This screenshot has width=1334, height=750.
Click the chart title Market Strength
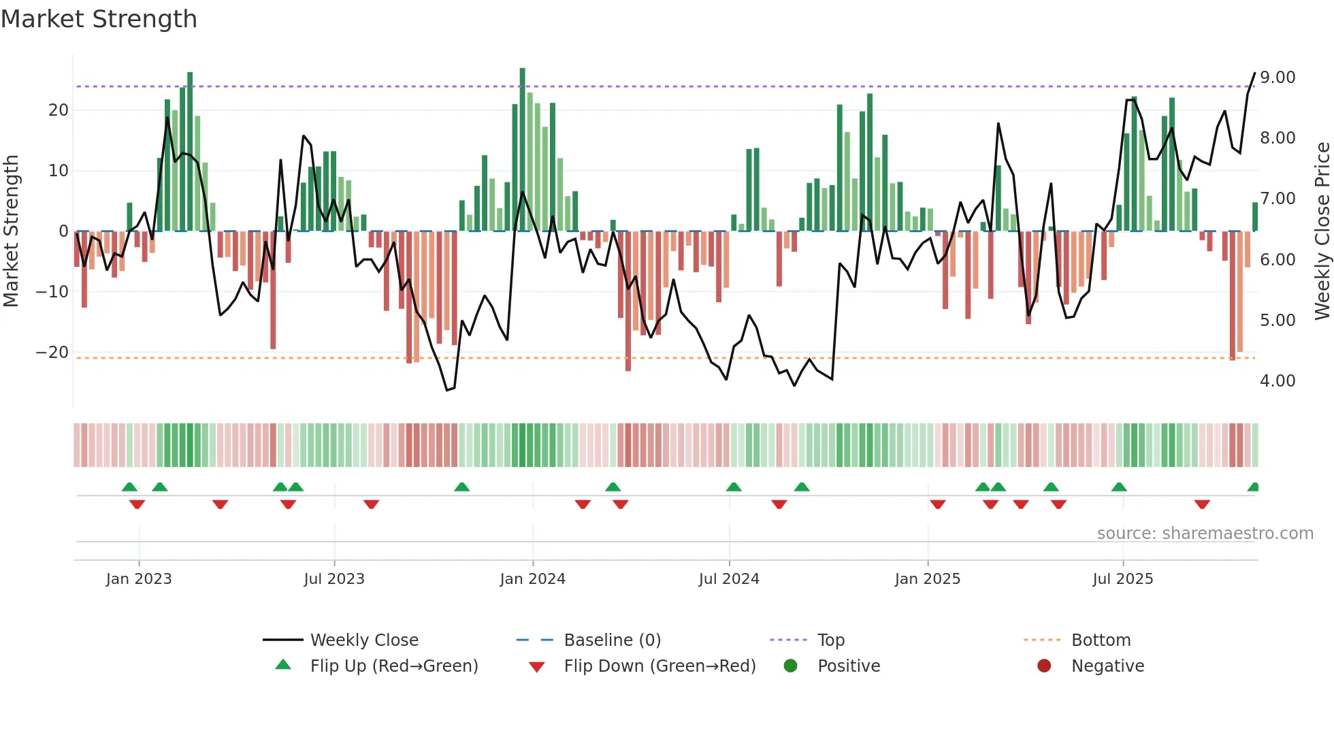99,19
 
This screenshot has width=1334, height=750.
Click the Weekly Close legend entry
363,640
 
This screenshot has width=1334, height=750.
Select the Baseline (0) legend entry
612,640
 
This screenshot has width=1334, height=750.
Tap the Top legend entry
830,640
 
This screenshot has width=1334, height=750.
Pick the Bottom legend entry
1101,640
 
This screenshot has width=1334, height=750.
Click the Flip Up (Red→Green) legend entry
393,666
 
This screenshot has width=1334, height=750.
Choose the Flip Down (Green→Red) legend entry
659,666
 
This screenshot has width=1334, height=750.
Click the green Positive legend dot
790,666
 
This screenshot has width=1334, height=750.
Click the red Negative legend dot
1044,666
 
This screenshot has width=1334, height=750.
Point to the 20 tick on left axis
58,110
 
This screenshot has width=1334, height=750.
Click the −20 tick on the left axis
52,353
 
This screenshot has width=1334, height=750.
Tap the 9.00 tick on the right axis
1277,78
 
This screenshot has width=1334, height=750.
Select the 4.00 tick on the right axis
1277,381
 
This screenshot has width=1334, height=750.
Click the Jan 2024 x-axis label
532,579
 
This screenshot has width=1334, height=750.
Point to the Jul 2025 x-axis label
1122,579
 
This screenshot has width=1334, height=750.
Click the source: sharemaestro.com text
1205,534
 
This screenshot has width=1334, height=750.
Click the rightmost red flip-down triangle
1202,504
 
